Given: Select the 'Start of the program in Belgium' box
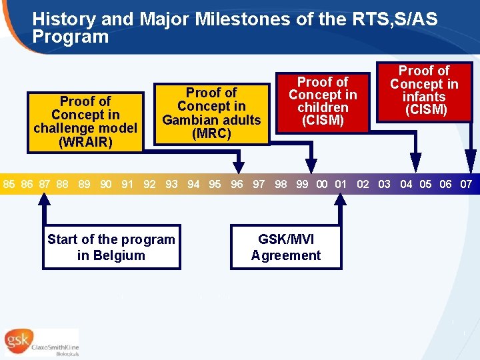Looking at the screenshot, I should pos(111,247).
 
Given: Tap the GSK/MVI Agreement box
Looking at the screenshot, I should pos(286,247).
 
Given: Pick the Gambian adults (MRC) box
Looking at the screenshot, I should pos(211,113).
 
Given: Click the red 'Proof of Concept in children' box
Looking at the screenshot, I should pos(323,101).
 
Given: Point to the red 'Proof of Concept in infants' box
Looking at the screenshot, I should pos(424,92).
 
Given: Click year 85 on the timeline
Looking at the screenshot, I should pos(9,184).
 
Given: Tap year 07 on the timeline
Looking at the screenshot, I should pos(466,184).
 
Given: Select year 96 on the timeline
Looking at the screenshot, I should pos(237,184).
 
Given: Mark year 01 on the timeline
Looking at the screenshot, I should pos(341,184).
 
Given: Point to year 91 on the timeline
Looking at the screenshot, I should pos(127,184).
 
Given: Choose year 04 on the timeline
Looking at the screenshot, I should pos(406,184).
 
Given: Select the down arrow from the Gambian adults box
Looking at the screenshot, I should pos(237,160).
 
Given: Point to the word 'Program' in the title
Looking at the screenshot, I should pos(70,37).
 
